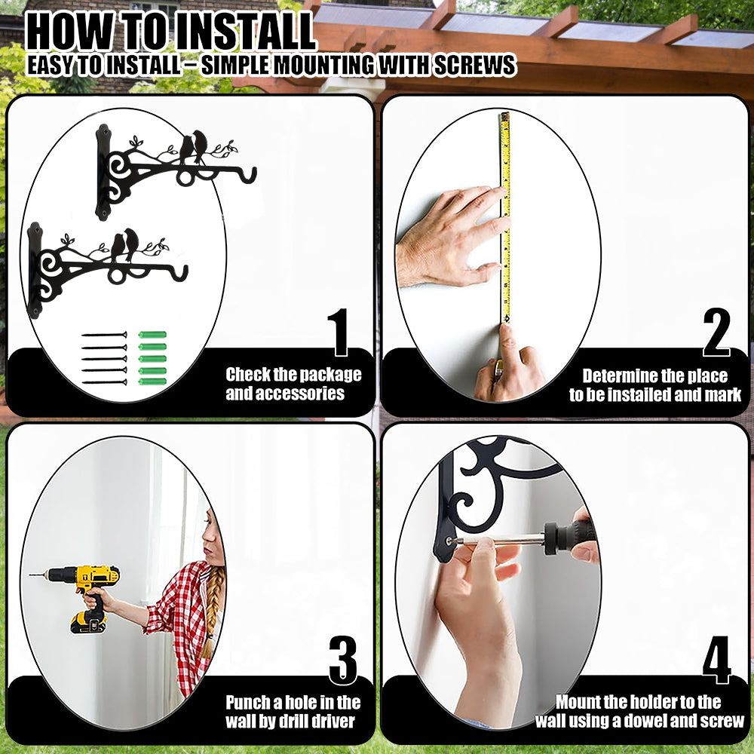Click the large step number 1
tap(340, 333)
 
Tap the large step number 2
tap(716, 333)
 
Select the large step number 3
tap(343, 661)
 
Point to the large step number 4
tap(716, 660)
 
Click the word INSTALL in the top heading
tap(244, 32)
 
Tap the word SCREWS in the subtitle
tap(475, 65)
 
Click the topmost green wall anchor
tap(152, 335)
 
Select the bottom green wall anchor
tap(152, 382)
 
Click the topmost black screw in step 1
tap(104, 335)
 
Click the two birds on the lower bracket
tap(124, 244)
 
